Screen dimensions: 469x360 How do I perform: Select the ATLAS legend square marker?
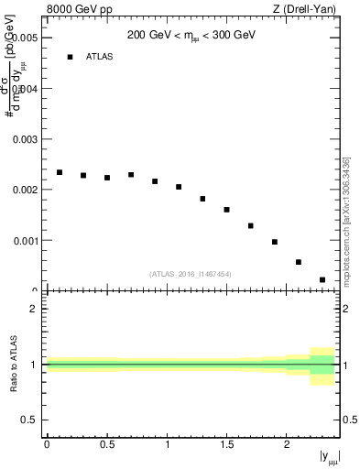pos(70,57)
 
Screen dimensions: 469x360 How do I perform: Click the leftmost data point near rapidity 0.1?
pos(60,172)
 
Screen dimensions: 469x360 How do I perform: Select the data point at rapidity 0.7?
pos(131,175)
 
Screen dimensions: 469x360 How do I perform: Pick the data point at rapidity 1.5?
pos(226,210)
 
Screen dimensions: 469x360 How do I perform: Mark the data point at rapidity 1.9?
pos(275,242)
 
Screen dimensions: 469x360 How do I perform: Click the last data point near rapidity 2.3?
pos(322,279)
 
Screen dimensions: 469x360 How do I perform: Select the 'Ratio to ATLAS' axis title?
pos(14,364)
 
